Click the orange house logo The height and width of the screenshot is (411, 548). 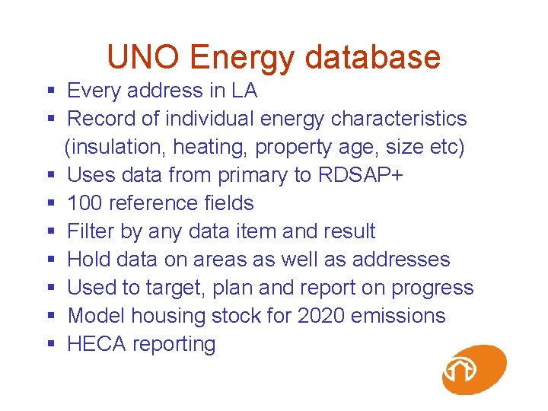coord(473,370)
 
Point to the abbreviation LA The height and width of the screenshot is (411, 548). coord(244,91)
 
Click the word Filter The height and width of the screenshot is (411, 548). coord(91,231)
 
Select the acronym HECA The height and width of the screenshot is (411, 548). coord(97,344)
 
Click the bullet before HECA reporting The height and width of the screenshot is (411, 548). coord(51,344)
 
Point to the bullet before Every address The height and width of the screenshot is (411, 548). coord(51,91)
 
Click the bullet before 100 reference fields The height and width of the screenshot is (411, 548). coord(51,203)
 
